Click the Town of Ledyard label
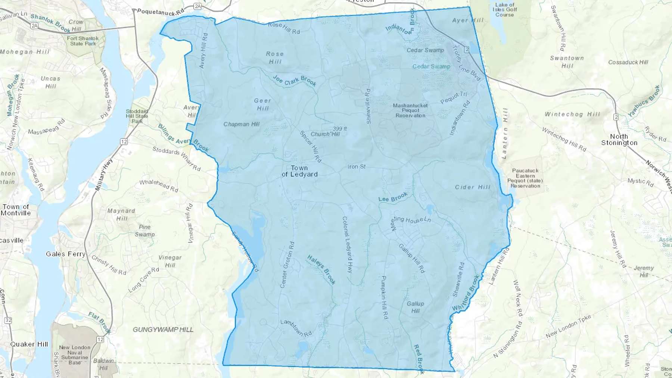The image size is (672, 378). coord(299,171)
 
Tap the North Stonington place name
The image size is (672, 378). coord(619,140)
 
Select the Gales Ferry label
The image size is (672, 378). coord(66,254)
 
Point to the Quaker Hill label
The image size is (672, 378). coord(29,344)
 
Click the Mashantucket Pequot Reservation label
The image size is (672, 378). coord(410,110)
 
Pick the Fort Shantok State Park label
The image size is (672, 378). coord(83,41)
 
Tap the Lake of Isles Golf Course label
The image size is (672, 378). coord(504,10)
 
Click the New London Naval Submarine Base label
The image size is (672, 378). coord(75,355)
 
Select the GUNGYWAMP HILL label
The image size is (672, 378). coord(163,329)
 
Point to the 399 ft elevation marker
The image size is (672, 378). coord(340,129)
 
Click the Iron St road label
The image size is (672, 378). coord(357,167)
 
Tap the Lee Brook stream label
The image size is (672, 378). coord(393,197)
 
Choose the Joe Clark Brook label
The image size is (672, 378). coord(295,81)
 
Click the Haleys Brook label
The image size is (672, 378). coord(321,269)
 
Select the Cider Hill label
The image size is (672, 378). coord(473,187)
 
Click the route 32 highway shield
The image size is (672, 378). coord(8,320)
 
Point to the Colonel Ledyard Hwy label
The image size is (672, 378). coord(347,245)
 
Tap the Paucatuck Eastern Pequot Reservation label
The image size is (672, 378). coord(525,178)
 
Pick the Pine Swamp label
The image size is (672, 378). coord(144,231)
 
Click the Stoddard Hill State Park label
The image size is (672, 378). coord(137,116)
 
